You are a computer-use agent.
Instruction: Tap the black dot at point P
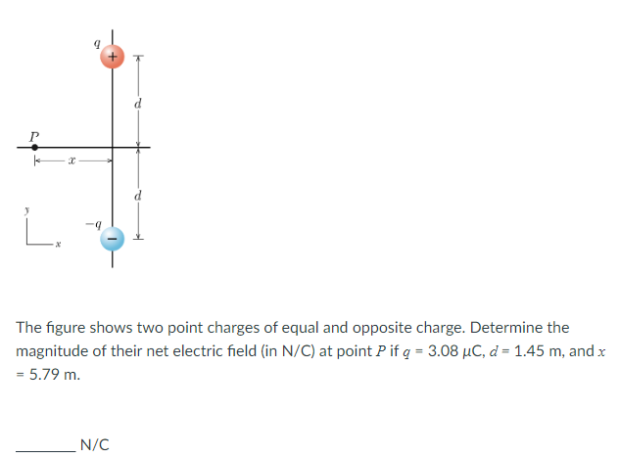coord(35,148)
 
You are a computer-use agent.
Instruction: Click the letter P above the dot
coord(34,131)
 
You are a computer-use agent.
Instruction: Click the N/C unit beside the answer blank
coord(94,444)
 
